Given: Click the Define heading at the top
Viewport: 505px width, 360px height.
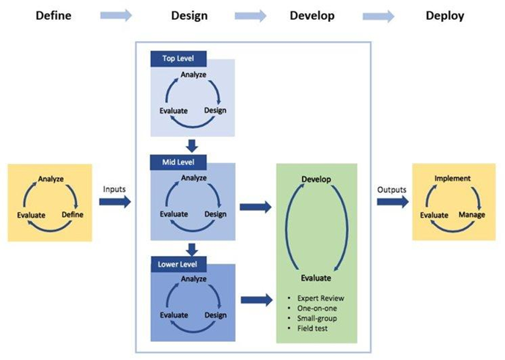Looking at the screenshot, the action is [54, 15].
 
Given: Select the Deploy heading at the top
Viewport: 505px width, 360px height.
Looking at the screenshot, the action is [445, 16].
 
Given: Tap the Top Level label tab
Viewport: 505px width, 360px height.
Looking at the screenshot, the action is [178, 59].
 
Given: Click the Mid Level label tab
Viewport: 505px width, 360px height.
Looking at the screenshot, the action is [178, 162].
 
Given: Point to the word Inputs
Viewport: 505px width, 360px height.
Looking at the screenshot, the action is [114, 189].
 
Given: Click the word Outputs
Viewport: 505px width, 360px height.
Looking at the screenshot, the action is [391, 190].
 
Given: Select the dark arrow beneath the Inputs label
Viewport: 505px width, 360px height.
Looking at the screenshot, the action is [115, 202].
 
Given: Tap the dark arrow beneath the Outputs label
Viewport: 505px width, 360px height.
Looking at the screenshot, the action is [393, 202].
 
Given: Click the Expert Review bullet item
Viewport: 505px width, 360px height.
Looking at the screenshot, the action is [321, 298].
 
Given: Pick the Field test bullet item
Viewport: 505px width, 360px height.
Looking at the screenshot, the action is [312, 328].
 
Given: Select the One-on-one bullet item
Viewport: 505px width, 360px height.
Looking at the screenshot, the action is [317, 309].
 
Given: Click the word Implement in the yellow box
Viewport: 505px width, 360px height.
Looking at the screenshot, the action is [452, 178].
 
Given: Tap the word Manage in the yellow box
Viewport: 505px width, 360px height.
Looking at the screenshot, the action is [472, 215].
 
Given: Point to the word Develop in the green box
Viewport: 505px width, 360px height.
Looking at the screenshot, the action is [316, 180].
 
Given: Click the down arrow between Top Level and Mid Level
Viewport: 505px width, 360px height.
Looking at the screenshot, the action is [192, 146].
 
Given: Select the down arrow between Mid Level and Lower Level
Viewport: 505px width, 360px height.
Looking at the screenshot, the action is [192, 250].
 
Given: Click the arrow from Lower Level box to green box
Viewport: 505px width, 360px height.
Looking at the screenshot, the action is [257, 300].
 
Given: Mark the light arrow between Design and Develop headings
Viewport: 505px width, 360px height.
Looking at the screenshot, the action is [251, 16].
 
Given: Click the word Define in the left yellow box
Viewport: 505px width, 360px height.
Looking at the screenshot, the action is [73, 215].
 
